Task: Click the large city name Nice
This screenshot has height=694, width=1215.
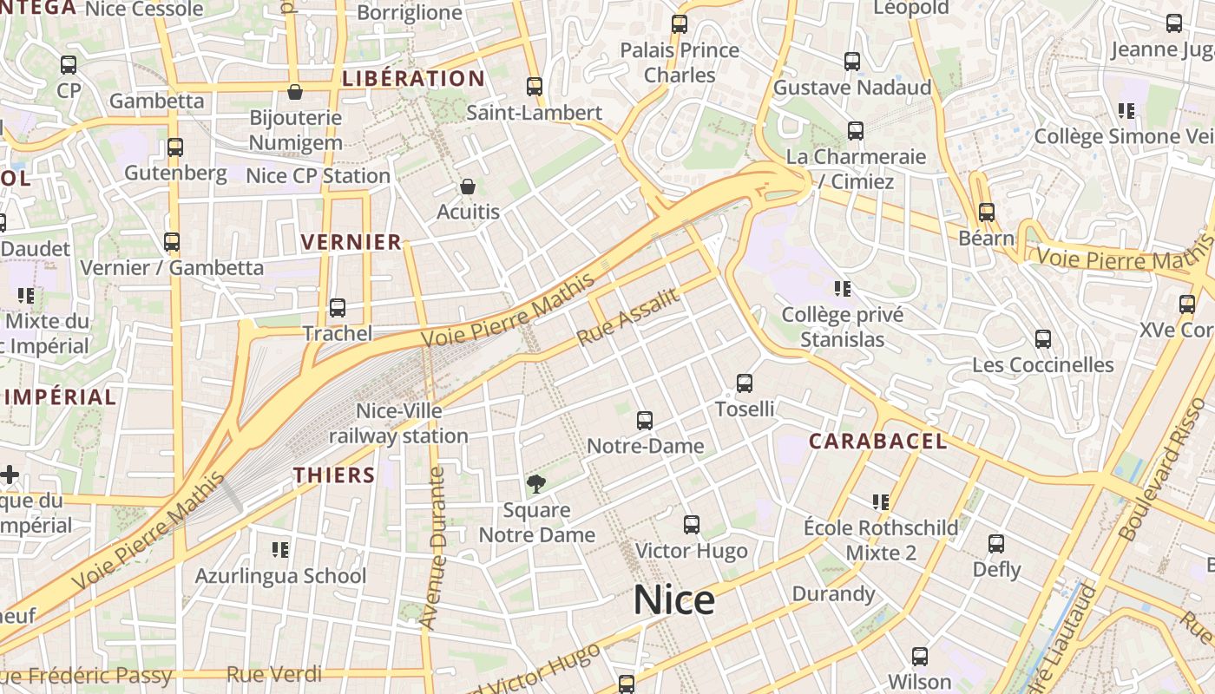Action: pyautogui.click(x=674, y=599)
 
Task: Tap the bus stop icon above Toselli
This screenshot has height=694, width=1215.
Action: pyautogui.click(x=744, y=383)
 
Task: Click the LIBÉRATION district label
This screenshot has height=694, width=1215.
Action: pyautogui.click(x=414, y=79)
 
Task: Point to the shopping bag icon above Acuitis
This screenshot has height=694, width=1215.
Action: pyautogui.click(x=468, y=187)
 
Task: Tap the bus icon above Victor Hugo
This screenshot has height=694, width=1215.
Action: pyautogui.click(x=691, y=525)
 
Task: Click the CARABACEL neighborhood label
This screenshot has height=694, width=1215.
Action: pyautogui.click(x=877, y=441)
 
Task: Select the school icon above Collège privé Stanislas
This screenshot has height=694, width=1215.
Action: pyautogui.click(x=842, y=288)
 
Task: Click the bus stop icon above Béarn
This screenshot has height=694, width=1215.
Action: pyautogui.click(x=986, y=213)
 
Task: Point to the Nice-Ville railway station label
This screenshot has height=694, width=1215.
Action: pyautogui.click(x=398, y=423)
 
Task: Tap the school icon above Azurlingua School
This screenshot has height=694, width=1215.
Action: pyautogui.click(x=279, y=549)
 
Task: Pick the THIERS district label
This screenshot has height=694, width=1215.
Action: pyautogui.click(x=334, y=475)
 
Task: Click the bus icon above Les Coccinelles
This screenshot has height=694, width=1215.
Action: pyautogui.click(x=1043, y=339)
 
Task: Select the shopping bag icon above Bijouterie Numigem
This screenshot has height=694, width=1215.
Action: pyautogui.click(x=295, y=92)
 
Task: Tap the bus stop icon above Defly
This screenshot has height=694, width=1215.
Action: pyautogui.click(x=996, y=544)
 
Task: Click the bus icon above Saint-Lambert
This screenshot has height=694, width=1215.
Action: pyautogui.click(x=535, y=87)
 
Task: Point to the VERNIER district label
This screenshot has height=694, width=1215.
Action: pyautogui.click(x=351, y=242)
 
